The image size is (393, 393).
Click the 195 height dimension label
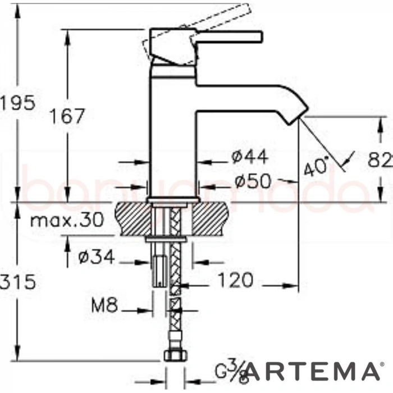[17, 103]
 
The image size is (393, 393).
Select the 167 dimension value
[66, 117]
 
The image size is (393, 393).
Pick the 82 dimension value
[381, 161]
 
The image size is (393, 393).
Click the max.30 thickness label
[67, 220]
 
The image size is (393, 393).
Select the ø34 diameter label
[96, 257]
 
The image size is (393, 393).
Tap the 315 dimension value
[17, 281]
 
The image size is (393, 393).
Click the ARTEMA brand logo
[311, 371]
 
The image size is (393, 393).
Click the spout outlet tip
[298, 116]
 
